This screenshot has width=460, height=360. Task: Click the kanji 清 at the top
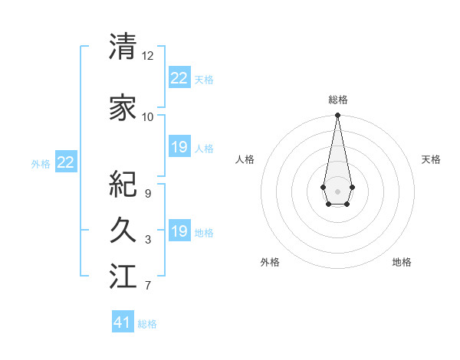click(x=123, y=47)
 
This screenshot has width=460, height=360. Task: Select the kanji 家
click(x=123, y=107)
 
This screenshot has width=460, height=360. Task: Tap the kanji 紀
click(x=123, y=184)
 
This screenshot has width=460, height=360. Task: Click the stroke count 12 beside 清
click(x=148, y=56)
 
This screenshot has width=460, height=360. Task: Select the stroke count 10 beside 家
click(x=148, y=116)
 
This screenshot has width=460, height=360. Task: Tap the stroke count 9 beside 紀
click(x=148, y=194)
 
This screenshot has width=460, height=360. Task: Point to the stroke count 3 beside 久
click(x=148, y=240)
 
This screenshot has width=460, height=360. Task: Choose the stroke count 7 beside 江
click(x=148, y=286)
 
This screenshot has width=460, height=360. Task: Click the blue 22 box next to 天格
click(x=179, y=78)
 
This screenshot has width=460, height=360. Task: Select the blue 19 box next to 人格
click(x=179, y=147)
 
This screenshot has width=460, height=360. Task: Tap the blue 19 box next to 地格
click(x=179, y=231)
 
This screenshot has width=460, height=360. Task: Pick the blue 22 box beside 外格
click(x=66, y=162)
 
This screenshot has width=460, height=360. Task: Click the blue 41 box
click(x=123, y=322)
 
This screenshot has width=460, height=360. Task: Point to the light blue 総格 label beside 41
click(x=147, y=324)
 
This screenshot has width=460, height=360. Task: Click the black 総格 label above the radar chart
click(x=337, y=100)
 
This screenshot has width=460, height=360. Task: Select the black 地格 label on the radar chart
click(x=402, y=262)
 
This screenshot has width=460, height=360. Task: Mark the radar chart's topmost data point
click(x=337, y=116)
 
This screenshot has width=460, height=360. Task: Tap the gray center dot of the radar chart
click(x=337, y=191)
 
